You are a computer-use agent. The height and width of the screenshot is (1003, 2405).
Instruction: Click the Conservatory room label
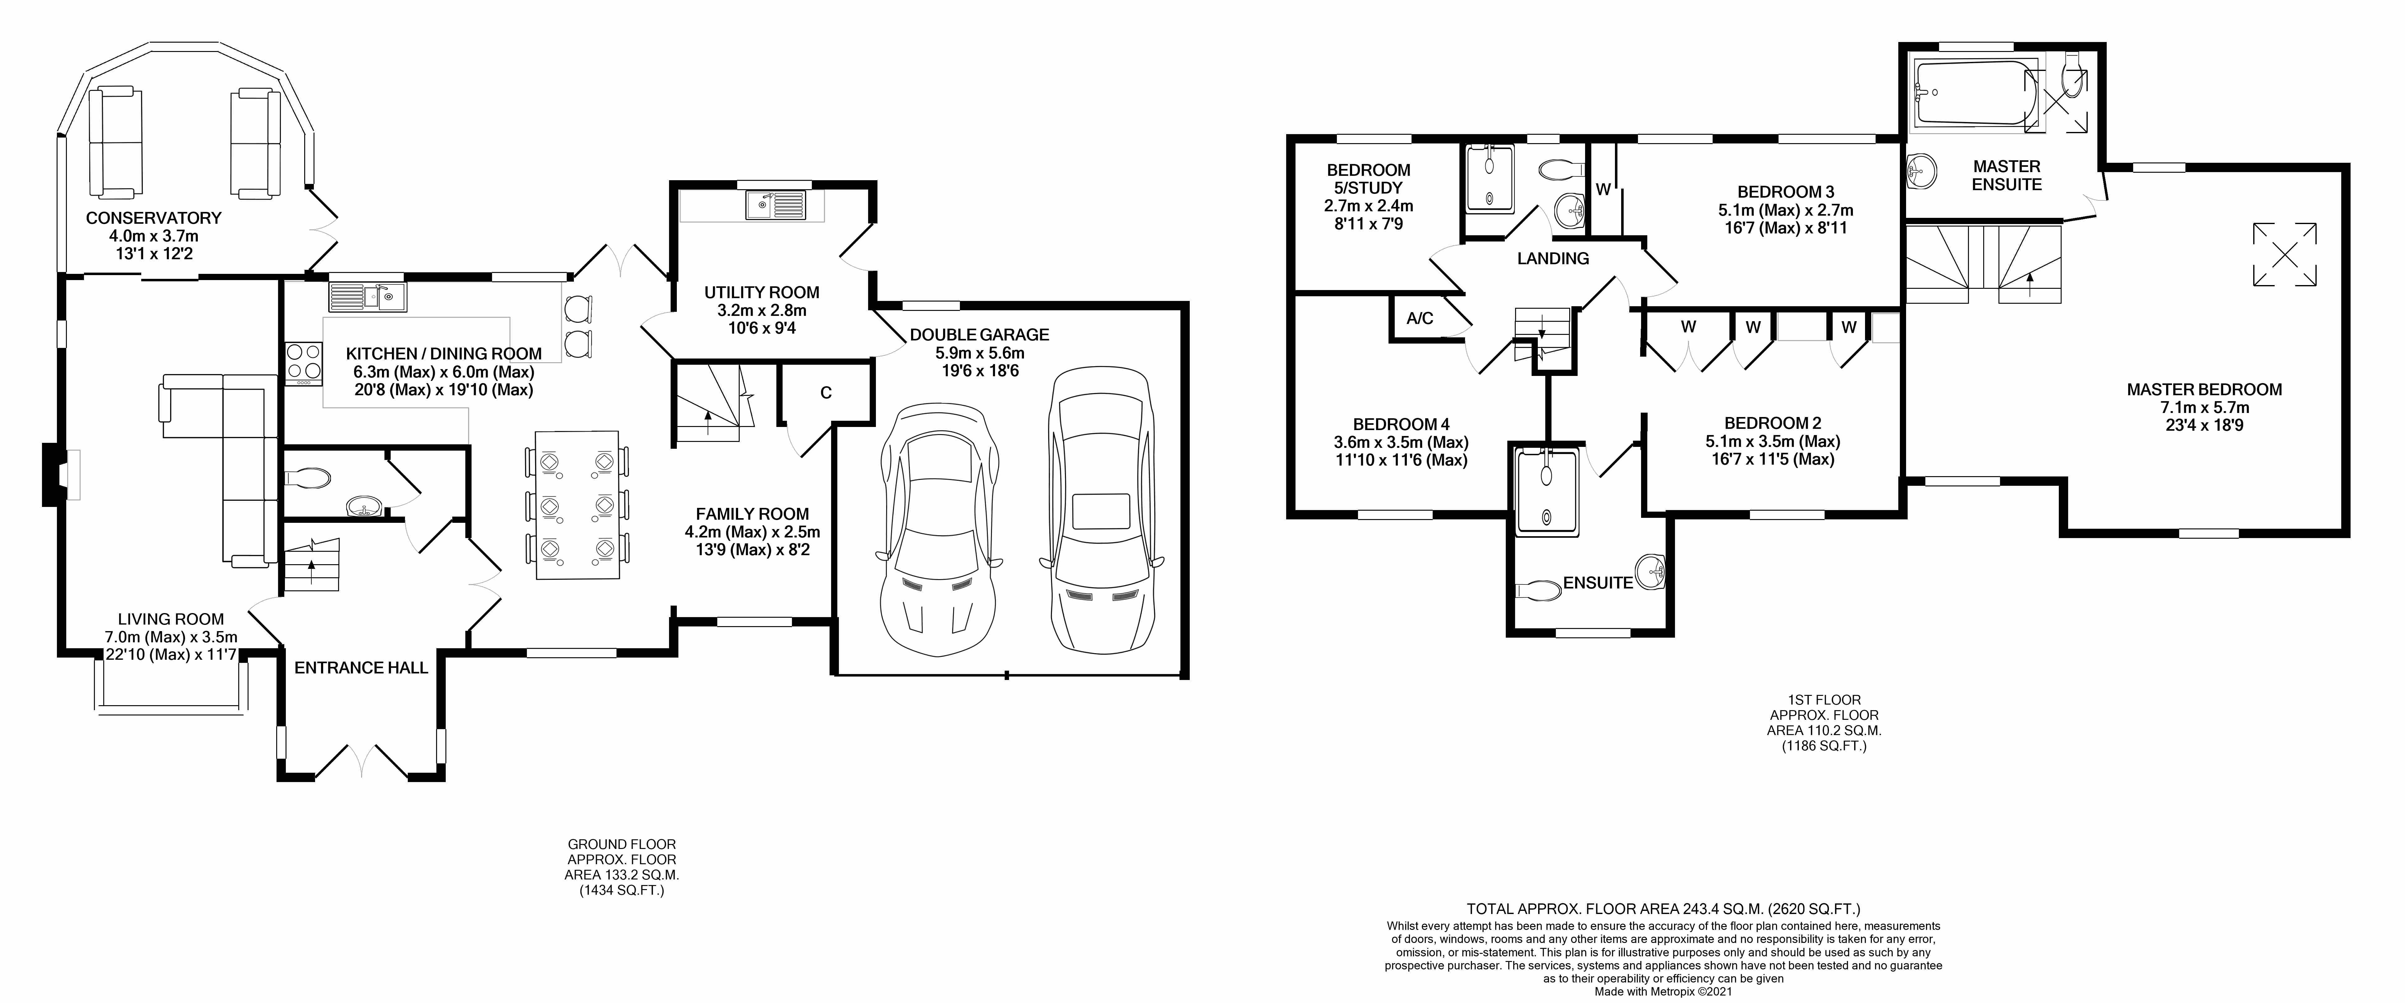pyautogui.click(x=153, y=218)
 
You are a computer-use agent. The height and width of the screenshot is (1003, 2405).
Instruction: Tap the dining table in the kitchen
pyautogui.click(x=577, y=504)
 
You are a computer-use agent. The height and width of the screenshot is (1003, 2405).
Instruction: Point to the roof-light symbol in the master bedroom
pyautogui.click(x=2285, y=254)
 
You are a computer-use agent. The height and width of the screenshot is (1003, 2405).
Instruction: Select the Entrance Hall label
pyautogui.click(x=361, y=668)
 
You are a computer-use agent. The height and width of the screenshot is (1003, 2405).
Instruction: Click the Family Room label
pyautogui.click(x=752, y=514)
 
